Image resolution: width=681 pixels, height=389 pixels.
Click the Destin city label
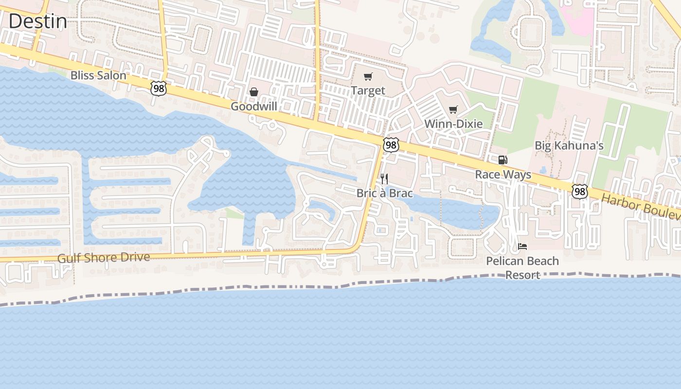38,21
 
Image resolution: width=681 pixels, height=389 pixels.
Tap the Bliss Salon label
98,75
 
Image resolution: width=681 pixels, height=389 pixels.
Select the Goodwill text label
253,106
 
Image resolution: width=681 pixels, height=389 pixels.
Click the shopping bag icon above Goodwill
253,91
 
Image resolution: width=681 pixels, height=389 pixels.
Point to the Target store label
368,90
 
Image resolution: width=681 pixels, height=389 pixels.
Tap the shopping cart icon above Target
368,76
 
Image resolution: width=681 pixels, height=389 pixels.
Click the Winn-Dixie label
453,124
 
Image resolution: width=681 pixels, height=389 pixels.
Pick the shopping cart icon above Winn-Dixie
453,109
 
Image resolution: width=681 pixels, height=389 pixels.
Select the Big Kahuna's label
569,145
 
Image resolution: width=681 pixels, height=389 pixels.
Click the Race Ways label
503,175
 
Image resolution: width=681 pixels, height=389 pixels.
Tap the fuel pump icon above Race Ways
503,159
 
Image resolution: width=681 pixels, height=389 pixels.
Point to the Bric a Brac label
384,193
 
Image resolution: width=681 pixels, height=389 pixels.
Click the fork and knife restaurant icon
384,178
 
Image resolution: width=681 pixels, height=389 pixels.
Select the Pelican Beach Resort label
522,267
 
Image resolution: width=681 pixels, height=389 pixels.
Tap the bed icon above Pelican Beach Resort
522,246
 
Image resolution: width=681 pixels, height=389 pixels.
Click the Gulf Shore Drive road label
104,257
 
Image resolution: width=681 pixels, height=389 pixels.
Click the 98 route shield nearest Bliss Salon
159,88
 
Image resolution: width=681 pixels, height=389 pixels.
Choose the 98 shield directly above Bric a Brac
391,144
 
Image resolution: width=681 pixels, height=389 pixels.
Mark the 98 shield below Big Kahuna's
579,192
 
